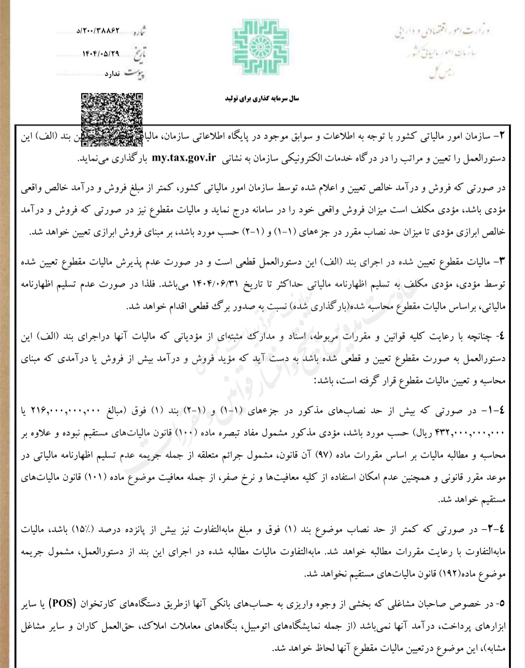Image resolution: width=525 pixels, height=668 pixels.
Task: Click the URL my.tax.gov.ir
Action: [x=184, y=158]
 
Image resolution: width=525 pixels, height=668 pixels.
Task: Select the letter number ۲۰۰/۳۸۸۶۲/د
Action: [x=98, y=31]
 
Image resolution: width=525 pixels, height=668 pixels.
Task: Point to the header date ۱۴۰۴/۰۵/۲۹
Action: [x=100, y=53]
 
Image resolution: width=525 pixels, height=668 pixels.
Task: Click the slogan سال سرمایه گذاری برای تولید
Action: [x=262, y=99]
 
